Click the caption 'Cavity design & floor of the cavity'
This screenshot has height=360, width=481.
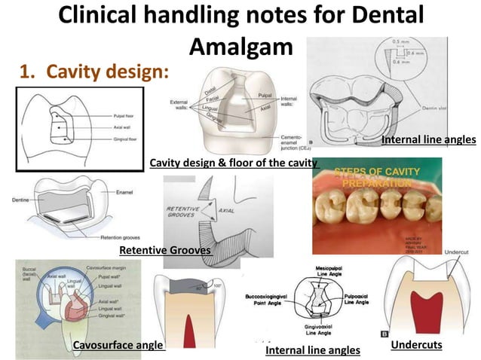[233, 163]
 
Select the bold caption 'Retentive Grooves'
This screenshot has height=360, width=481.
[164, 249]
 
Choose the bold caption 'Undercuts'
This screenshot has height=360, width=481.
[416, 345]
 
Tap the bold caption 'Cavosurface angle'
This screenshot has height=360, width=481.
[118, 345]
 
